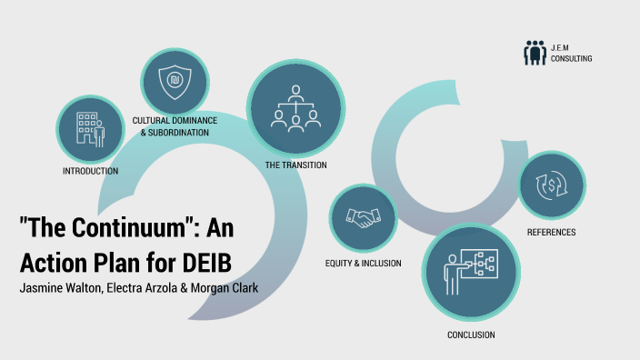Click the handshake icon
pos(365,218)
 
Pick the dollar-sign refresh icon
pos(551,185)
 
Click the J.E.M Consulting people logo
pos(535,53)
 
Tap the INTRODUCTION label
pos(90,171)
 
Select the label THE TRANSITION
pos(295,165)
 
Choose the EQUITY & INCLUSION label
pos(363,264)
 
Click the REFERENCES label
pos(551,232)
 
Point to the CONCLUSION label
pos(471,335)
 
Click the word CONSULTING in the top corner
pos(571,58)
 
